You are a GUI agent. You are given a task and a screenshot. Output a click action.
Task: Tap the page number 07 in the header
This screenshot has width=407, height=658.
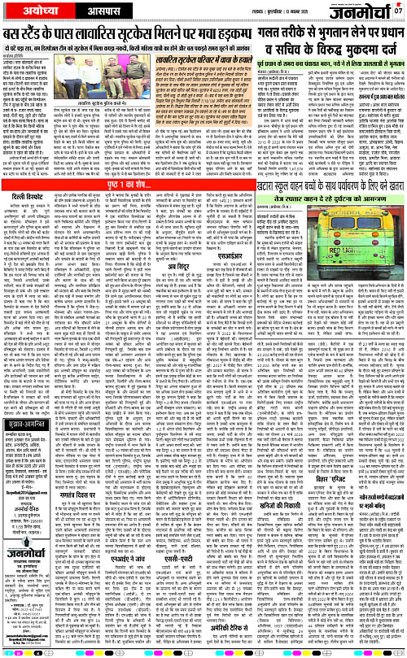tap(398, 11)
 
